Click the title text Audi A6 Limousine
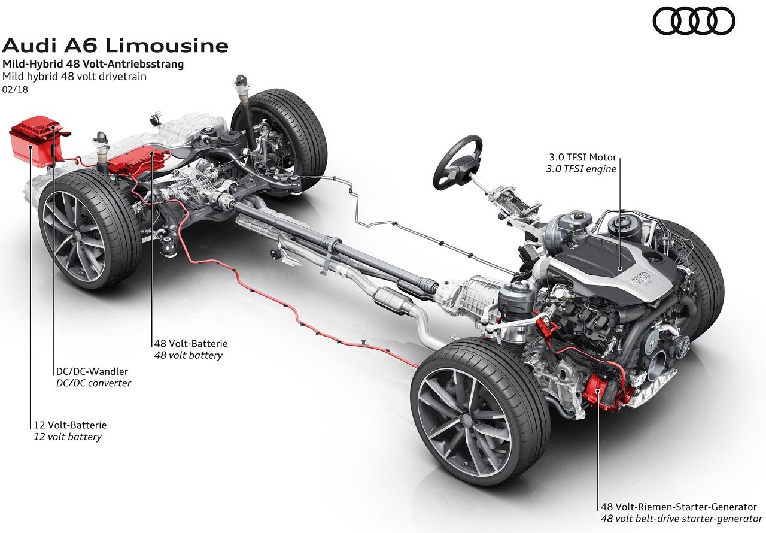click(115, 46)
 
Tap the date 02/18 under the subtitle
click(15, 89)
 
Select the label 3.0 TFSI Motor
click(583, 158)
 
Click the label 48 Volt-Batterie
click(190, 344)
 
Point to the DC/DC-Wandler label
click(90, 371)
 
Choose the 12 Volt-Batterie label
click(70, 425)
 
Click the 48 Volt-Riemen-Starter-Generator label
click(679, 507)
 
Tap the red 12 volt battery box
click(36, 144)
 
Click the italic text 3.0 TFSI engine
click(580, 169)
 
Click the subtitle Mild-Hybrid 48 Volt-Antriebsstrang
click(92, 63)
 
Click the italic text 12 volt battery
click(67, 437)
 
